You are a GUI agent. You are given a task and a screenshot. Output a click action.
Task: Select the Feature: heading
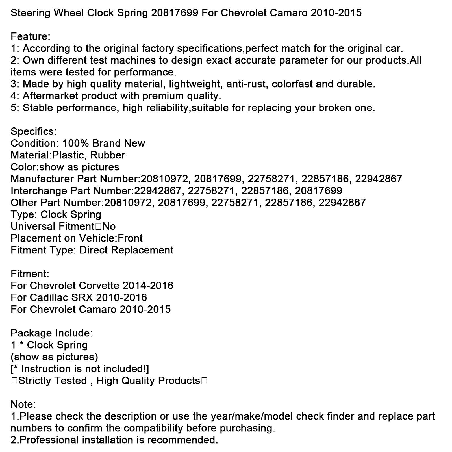pyautogui.click(x=31, y=37)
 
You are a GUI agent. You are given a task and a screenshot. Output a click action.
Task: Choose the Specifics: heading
pyautogui.click(x=34, y=132)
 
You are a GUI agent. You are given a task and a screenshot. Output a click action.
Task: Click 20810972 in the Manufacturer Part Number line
pyautogui.click(x=164, y=179)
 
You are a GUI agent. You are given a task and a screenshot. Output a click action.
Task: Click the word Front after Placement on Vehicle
pyautogui.click(x=130, y=238)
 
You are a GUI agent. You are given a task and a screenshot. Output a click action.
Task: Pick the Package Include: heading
pyautogui.click(x=52, y=333)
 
